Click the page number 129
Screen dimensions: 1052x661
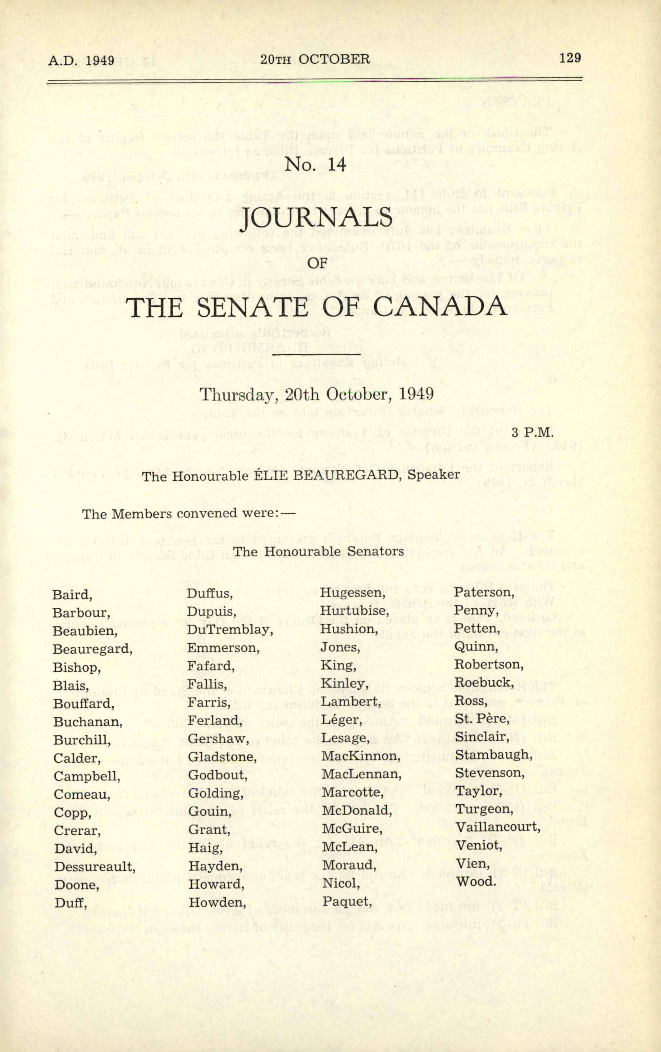(x=570, y=58)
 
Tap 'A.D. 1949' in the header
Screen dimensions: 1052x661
(x=81, y=60)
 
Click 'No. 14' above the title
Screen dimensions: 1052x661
(x=315, y=164)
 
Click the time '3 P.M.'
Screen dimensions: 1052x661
(x=532, y=433)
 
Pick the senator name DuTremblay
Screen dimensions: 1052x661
(x=230, y=630)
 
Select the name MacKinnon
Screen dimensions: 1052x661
(x=361, y=756)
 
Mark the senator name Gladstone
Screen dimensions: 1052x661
(x=222, y=757)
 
